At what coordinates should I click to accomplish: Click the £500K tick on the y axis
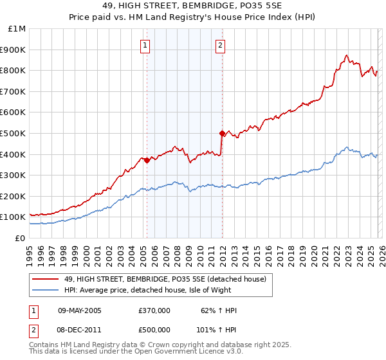tap(13, 133)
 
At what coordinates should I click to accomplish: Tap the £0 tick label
tap(20, 238)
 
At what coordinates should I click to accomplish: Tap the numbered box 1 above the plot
tap(145, 46)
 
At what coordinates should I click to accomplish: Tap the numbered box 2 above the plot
tap(221, 46)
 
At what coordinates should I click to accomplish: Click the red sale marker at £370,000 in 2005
tap(147, 161)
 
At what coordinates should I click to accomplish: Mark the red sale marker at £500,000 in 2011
tap(222, 133)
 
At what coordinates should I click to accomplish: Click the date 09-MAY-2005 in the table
tap(80, 310)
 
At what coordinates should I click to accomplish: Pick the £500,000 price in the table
tap(154, 330)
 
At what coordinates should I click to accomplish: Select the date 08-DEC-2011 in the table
tap(80, 330)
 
